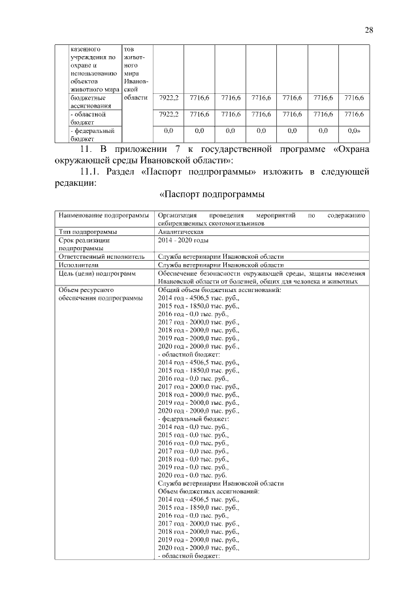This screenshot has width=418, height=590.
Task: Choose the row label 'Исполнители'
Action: [78, 265]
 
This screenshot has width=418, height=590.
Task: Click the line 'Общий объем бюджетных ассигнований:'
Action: [219, 289]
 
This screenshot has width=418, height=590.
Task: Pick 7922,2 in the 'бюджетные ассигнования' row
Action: [169, 98]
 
